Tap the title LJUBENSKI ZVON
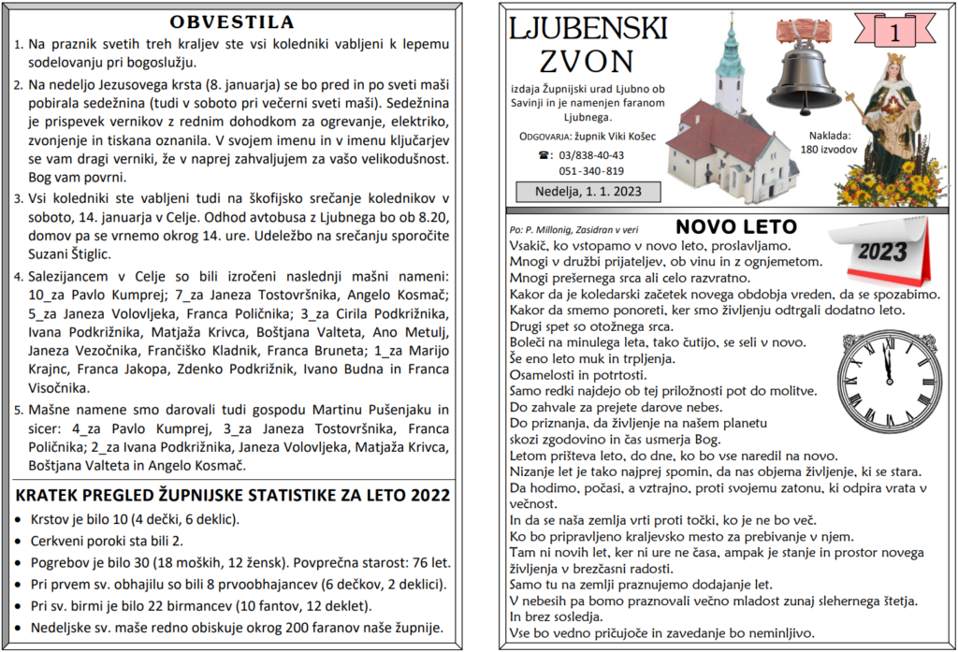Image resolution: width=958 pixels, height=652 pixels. point(588,45)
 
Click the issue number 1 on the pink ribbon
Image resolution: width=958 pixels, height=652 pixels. point(894,33)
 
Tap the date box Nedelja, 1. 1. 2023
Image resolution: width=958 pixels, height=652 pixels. point(588,192)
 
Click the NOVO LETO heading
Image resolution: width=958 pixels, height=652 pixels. point(736,226)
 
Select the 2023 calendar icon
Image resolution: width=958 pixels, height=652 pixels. point(889,253)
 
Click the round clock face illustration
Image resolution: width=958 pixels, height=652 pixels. point(892,381)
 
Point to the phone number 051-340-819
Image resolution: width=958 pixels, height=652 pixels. point(591,171)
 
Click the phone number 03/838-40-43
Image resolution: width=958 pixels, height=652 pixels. point(592,155)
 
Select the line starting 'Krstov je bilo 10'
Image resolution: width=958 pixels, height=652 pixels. point(136,519)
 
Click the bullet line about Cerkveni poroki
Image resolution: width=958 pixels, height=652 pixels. point(108,541)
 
